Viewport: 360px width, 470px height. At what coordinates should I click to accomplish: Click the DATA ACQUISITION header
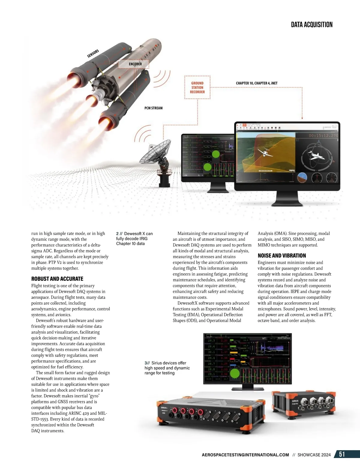[x=311, y=25]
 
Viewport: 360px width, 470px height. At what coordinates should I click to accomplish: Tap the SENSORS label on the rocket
[x=93, y=53]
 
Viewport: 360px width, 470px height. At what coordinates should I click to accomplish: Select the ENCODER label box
[x=135, y=64]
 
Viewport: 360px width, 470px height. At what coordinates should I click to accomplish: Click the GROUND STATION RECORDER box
[x=197, y=88]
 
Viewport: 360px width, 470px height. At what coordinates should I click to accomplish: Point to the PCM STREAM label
[x=153, y=108]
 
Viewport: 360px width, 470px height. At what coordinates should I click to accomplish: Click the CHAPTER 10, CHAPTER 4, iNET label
[x=256, y=83]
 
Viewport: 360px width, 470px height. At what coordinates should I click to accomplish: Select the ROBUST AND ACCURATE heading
[x=57, y=279]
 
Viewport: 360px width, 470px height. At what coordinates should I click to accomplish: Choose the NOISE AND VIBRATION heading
[x=282, y=256]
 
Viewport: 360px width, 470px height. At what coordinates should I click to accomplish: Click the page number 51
[x=342, y=454]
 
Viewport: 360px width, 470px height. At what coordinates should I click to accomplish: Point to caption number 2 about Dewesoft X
[x=134, y=238]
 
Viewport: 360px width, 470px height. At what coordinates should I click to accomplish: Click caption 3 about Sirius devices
[x=167, y=368]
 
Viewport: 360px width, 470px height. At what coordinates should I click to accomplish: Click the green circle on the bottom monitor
[x=234, y=373]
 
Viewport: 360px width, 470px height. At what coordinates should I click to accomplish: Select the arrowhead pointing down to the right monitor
[x=302, y=118]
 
